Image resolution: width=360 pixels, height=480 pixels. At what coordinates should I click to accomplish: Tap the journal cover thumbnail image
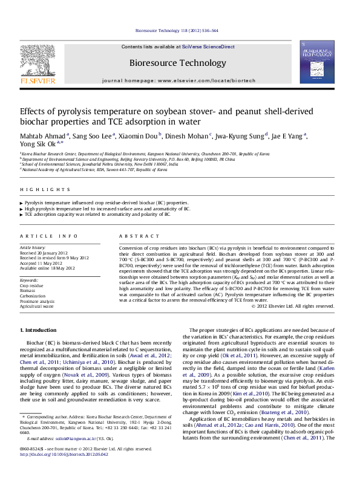click(316, 62)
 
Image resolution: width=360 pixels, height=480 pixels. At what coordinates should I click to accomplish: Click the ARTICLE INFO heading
click(49, 236)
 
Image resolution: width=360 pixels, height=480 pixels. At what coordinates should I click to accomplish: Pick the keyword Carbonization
click(34, 295)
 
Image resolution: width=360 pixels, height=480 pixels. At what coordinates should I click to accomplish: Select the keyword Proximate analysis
click(38, 300)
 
